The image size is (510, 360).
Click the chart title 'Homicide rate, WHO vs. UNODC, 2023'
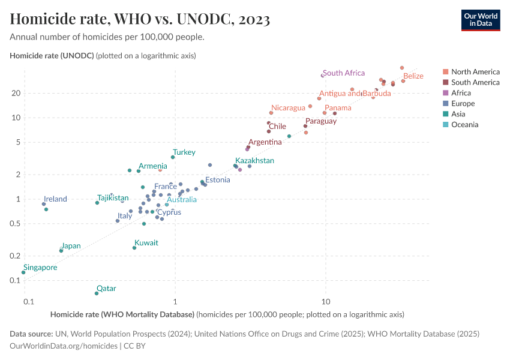(x=140, y=19)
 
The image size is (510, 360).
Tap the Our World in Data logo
(x=480, y=19)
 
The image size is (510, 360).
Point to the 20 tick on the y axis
(x=15, y=93)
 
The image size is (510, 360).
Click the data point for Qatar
(x=96, y=293)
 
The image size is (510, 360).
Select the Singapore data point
(x=23, y=272)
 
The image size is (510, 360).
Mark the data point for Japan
(x=61, y=251)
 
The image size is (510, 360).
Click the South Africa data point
(x=323, y=75)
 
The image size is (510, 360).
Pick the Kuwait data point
(x=134, y=248)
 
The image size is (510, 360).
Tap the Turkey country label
(x=184, y=152)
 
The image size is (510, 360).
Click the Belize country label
(x=413, y=76)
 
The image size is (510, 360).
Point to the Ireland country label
(x=55, y=199)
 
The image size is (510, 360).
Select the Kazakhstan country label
(x=254, y=161)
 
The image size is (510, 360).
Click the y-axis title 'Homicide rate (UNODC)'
(x=52, y=56)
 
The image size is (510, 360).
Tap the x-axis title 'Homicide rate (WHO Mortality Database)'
(x=122, y=314)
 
